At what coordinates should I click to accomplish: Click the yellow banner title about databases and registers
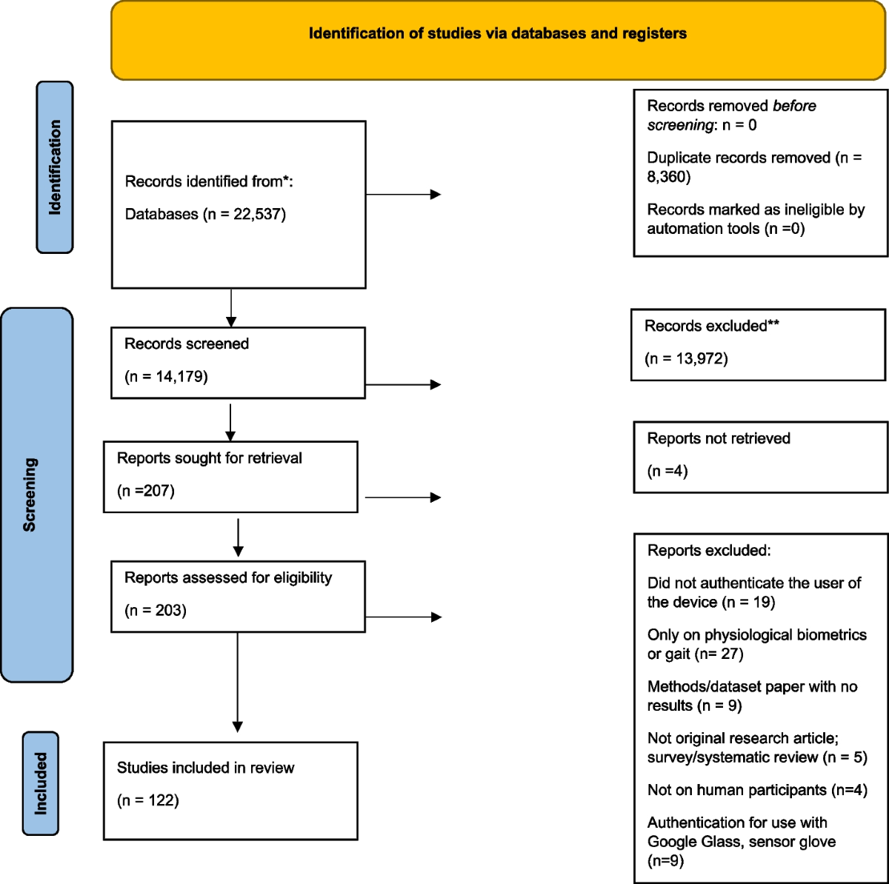(497, 33)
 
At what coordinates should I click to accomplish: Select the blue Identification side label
(55, 167)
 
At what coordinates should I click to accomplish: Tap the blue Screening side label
(30, 494)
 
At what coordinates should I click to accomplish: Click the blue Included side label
(41, 783)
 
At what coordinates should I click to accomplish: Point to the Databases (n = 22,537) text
(205, 214)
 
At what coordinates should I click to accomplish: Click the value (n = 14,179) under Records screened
(166, 376)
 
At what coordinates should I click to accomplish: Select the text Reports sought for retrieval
(210, 458)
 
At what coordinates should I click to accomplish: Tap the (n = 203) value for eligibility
(156, 610)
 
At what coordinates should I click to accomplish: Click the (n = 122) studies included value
(148, 800)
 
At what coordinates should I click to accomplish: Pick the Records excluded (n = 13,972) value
(686, 358)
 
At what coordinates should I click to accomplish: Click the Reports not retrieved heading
(719, 438)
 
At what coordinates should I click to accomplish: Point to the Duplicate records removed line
(753, 167)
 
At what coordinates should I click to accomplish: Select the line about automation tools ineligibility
(755, 219)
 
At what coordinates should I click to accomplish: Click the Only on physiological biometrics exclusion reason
(756, 644)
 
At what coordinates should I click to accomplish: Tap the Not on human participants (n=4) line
(756, 790)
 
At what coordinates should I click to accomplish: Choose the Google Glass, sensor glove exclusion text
(741, 841)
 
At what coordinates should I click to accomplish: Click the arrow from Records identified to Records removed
(403, 195)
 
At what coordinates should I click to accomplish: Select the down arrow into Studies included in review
(238, 681)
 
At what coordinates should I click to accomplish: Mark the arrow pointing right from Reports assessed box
(403, 617)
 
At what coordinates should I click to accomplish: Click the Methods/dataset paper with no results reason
(752, 696)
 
